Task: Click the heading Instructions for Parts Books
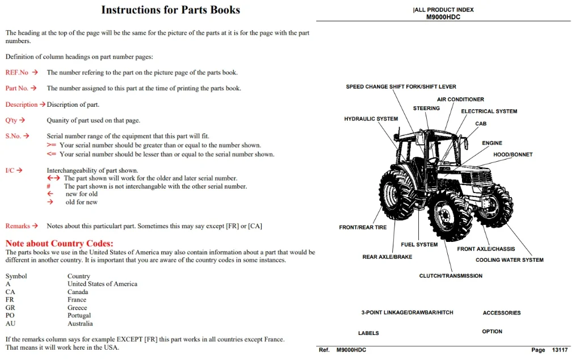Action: coord(170,10)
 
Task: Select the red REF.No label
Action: coord(17,72)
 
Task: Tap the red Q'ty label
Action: coord(11,120)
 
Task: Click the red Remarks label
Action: coord(18,225)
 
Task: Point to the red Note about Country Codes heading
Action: coord(60,243)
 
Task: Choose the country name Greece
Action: coord(77,308)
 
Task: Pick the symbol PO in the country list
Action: coord(10,315)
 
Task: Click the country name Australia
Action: coord(80,323)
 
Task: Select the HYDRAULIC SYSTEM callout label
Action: coord(371,119)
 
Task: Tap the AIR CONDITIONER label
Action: coord(460,99)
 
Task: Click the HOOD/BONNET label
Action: coord(513,154)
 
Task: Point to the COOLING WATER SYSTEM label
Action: coord(509,260)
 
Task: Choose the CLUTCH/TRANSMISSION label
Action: coord(451,275)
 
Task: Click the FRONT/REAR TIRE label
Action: coord(363,227)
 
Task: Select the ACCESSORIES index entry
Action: coord(502,313)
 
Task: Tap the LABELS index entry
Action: coord(368,333)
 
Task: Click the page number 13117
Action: coord(560,350)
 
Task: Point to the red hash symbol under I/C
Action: coord(48,186)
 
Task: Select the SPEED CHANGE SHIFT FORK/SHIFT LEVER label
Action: coord(401,87)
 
